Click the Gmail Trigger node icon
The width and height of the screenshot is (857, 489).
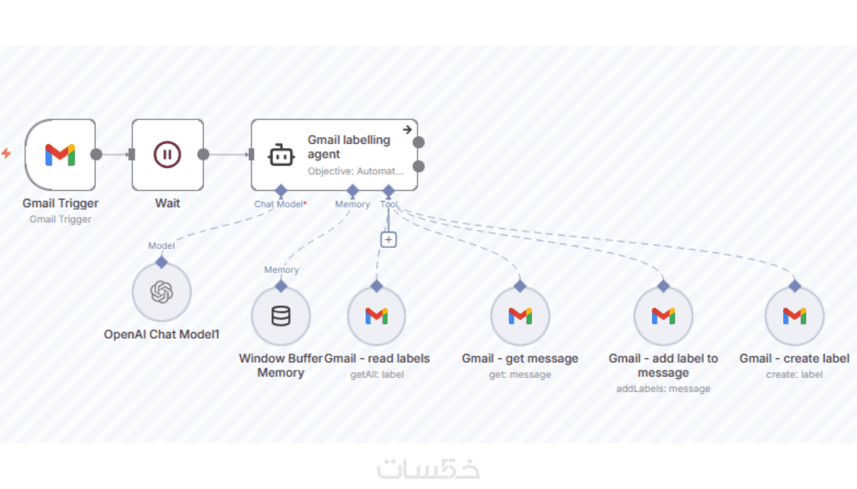60,155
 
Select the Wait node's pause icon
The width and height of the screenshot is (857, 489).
167,155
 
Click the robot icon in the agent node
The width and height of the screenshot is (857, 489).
281,155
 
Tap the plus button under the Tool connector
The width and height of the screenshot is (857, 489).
388,239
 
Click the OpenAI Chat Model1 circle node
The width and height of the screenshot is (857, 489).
161,292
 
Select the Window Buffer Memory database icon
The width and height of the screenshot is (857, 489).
281,316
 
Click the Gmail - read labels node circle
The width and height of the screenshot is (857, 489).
377,316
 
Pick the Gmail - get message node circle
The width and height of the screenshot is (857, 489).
520,316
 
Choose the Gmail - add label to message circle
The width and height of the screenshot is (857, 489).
663,316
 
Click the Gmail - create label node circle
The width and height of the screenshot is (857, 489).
794,316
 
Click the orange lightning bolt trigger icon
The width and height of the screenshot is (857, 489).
7,153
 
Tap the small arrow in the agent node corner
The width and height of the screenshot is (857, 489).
407,130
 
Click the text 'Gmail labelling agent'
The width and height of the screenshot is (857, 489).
349,147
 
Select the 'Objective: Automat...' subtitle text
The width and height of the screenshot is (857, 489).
355,171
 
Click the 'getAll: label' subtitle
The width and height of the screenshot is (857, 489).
377,375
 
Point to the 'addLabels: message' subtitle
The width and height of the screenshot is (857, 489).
663,389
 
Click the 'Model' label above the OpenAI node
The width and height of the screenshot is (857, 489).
161,246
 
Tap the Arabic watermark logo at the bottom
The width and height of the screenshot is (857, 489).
428,468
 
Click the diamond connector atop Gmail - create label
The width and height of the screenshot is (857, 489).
794,286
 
